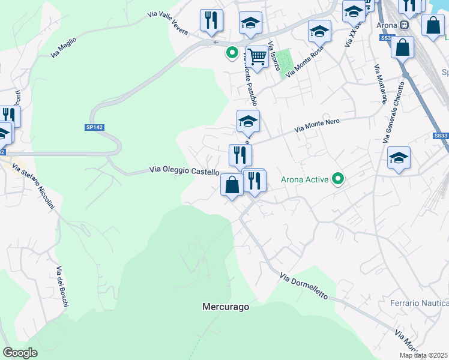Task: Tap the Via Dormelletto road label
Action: tap(304, 286)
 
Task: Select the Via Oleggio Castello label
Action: tap(184, 171)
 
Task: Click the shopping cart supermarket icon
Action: tap(257, 57)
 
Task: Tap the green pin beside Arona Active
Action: tap(338, 179)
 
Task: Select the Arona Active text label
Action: tap(305, 179)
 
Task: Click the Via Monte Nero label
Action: tap(318, 125)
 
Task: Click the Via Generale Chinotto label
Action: tap(396, 112)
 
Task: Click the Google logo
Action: tap(20, 353)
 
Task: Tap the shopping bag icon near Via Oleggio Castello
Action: tap(232, 185)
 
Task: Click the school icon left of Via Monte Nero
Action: tap(248, 121)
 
